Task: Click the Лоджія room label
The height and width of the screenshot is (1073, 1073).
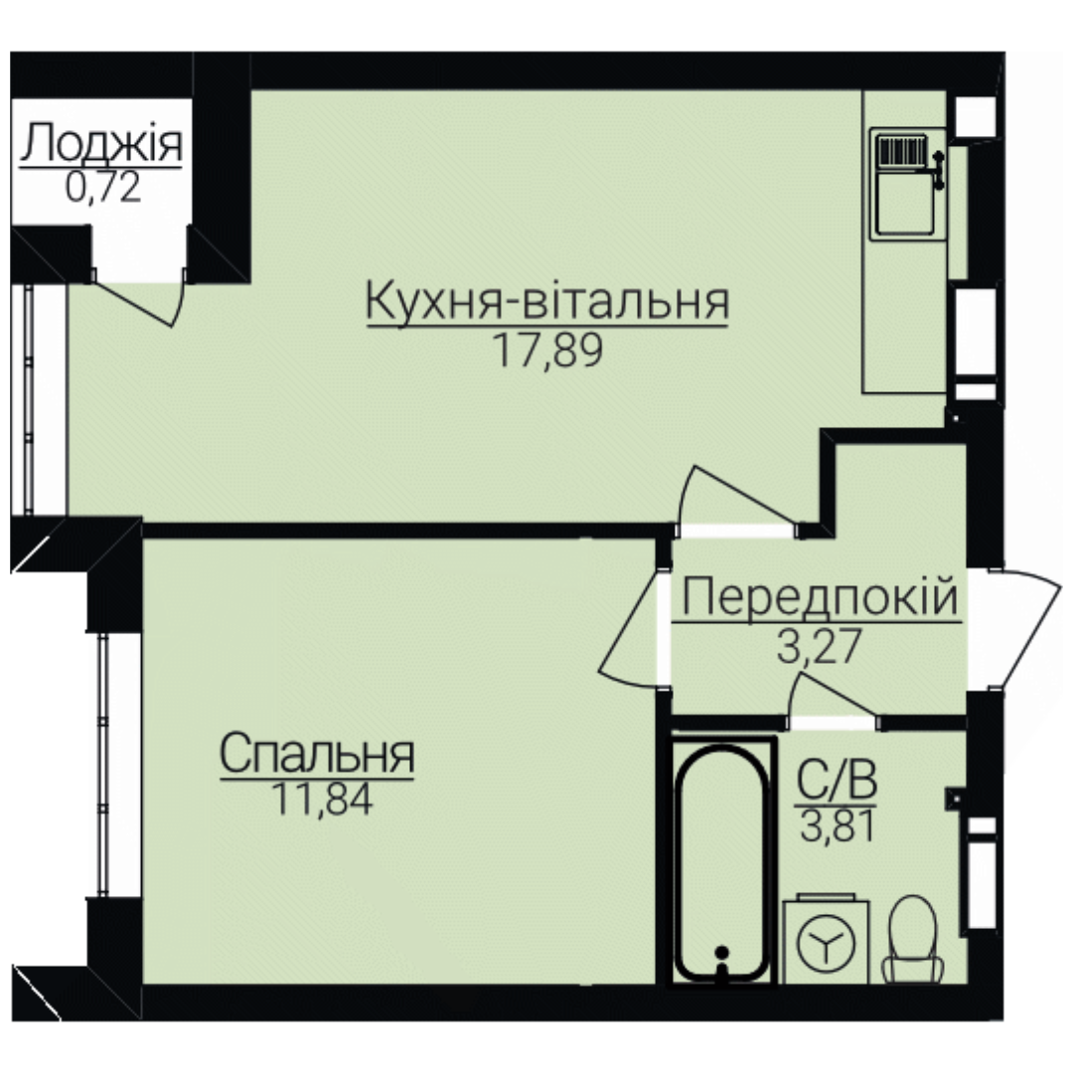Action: point(101,143)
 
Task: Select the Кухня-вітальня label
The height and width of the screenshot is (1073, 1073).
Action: point(547,302)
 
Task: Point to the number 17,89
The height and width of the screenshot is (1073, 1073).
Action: point(547,351)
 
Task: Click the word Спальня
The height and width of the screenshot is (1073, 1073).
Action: point(317,754)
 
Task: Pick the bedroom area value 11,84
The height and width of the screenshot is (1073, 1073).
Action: point(322,799)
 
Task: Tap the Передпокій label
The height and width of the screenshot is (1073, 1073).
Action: point(819,597)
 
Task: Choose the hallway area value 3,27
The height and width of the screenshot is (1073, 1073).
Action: point(818,647)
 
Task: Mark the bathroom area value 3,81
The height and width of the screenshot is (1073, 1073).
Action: point(838,826)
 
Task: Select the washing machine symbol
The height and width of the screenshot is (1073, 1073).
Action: point(826,939)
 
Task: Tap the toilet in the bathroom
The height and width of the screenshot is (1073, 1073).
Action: point(912,939)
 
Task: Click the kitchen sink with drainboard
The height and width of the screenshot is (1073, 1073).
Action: point(905,184)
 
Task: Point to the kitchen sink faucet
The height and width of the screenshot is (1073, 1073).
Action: point(939,169)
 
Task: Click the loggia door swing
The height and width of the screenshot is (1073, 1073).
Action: point(137,299)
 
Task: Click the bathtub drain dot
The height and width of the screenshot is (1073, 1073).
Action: point(720,952)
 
